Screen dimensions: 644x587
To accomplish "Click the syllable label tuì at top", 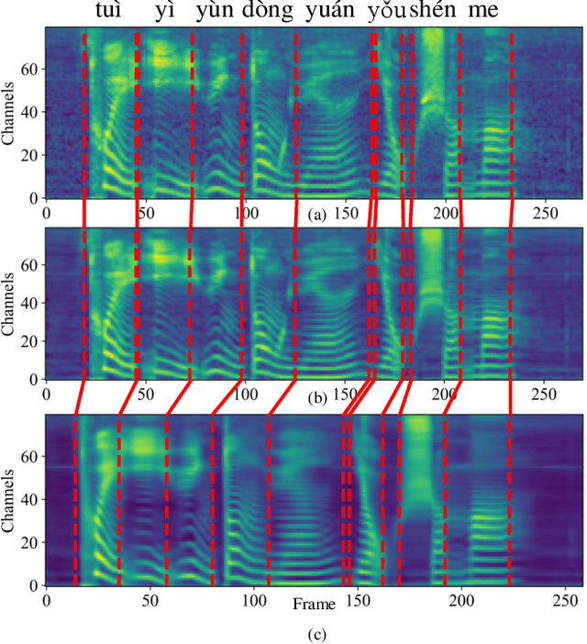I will pyautogui.click(x=112, y=12).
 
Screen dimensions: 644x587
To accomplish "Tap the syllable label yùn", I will pyautogui.click(x=216, y=12).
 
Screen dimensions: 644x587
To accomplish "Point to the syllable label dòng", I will pyautogui.click(x=268, y=12).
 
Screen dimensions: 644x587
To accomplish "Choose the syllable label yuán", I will pyautogui.click(x=329, y=12).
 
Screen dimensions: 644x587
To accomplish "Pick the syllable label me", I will pyautogui.click(x=483, y=12).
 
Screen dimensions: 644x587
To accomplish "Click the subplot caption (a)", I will pyautogui.click(x=316, y=214).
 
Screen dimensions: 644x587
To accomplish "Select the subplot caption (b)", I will pyautogui.click(x=316, y=396).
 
